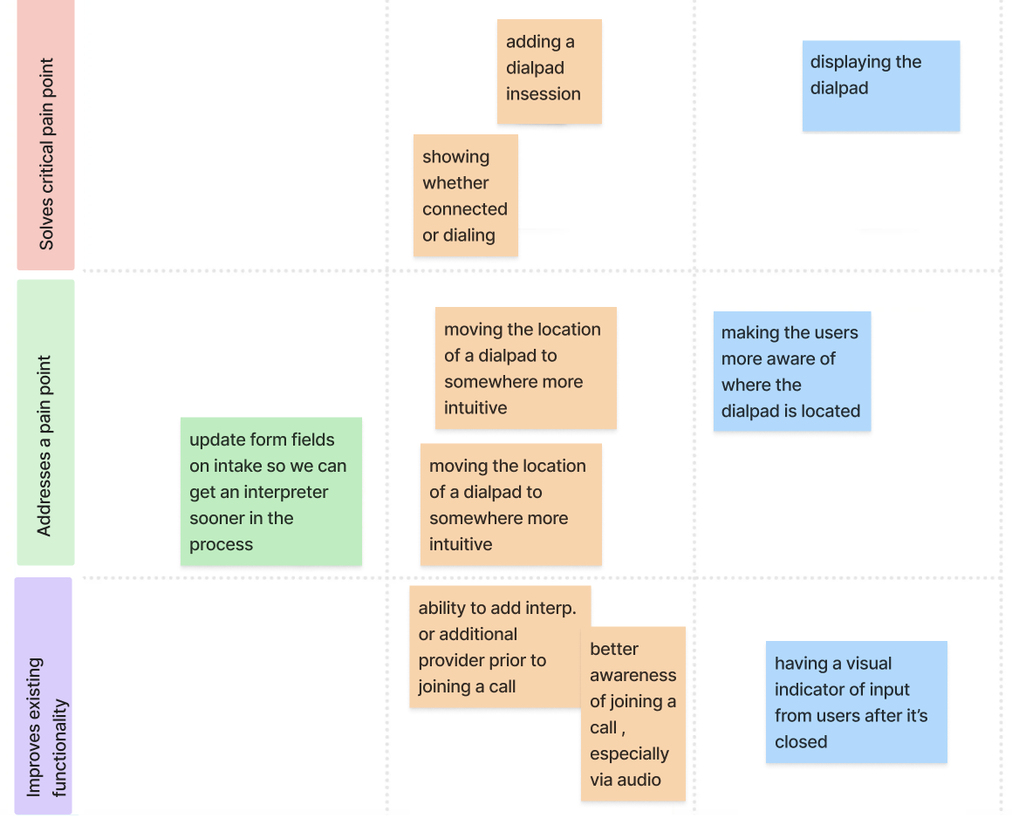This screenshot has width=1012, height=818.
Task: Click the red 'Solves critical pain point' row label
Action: coord(45,135)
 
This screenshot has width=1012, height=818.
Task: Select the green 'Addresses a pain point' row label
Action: coord(45,423)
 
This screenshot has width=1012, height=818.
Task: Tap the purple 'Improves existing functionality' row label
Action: coord(44,696)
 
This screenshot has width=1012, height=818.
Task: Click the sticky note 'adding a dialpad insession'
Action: coord(549,71)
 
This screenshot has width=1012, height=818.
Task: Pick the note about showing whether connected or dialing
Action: coord(465,195)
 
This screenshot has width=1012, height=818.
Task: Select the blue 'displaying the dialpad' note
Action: coord(880,85)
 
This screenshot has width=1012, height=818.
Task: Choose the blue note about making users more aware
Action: coord(791,372)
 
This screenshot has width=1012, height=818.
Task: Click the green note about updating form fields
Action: coord(270,492)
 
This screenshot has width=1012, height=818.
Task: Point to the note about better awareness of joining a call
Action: coord(632,713)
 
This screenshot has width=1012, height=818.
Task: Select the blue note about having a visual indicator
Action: coord(856,702)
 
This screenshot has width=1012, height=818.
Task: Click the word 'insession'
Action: coord(543,94)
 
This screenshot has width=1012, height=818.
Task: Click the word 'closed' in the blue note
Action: coord(800,742)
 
